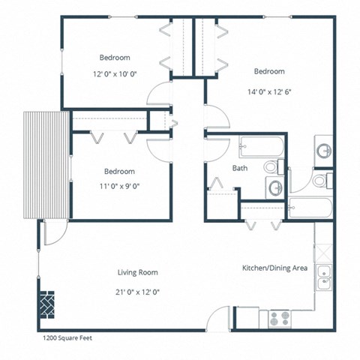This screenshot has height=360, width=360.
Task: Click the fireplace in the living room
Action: pyautogui.click(x=46, y=304)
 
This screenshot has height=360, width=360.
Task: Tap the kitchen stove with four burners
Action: pyautogui.click(x=280, y=317)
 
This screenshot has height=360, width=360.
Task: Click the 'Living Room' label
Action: pyautogui.click(x=137, y=272)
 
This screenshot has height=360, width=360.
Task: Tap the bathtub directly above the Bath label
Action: pyautogui.click(x=259, y=145)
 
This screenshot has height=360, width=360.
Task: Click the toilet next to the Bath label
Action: pyautogui.click(x=274, y=167)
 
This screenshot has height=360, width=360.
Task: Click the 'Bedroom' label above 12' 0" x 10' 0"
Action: pyautogui.click(x=115, y=58)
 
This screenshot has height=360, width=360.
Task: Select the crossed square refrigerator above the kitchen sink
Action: pyautogui.click(x=324, y=248)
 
